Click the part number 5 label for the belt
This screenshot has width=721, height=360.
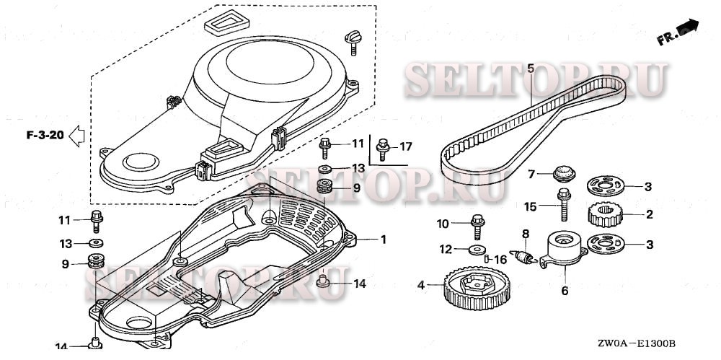(x=531, y=69)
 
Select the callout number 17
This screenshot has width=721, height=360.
(x=406, y=146)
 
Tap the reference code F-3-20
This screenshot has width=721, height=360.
(x=45, y=134)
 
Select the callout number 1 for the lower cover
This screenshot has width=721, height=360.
(x=384, y=239)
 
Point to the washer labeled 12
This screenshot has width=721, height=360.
(x=475, y=250)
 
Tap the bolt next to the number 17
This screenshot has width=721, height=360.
(x=383, y=148)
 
